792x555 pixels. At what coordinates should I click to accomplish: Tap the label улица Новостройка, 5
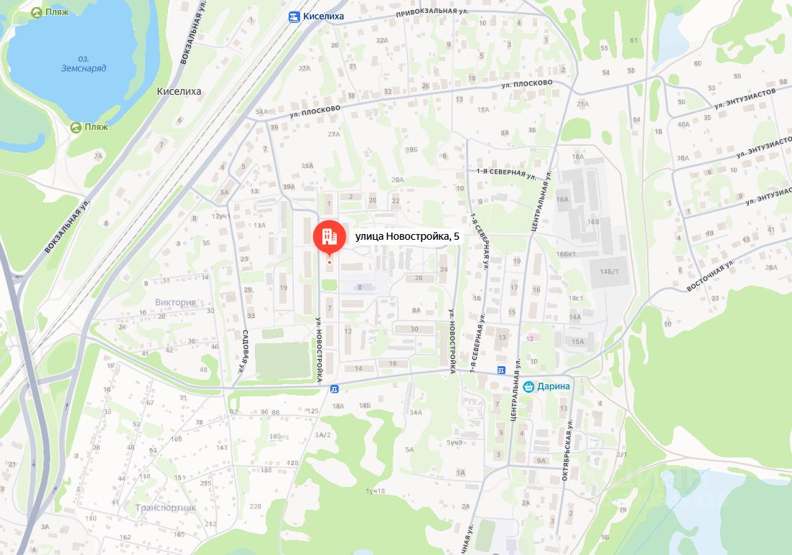coord(406,236)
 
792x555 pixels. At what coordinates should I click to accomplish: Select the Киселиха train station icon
coord(294,17)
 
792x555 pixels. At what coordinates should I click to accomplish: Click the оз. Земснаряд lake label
coord(83,63)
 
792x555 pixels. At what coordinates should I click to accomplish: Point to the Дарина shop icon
coord(528,386)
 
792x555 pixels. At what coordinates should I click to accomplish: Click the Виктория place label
coord(175,302)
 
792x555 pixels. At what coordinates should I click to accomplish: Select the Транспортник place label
coord(165,508)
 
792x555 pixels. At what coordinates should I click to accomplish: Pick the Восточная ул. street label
coord(711,275)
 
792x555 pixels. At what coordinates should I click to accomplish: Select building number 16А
coord(562,200)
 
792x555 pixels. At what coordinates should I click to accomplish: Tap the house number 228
coord(255,506)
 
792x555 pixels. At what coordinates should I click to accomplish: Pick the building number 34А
coord(415,412)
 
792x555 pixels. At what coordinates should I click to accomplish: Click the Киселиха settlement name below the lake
coord(179,91)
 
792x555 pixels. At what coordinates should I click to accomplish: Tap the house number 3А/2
coord(322,434)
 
